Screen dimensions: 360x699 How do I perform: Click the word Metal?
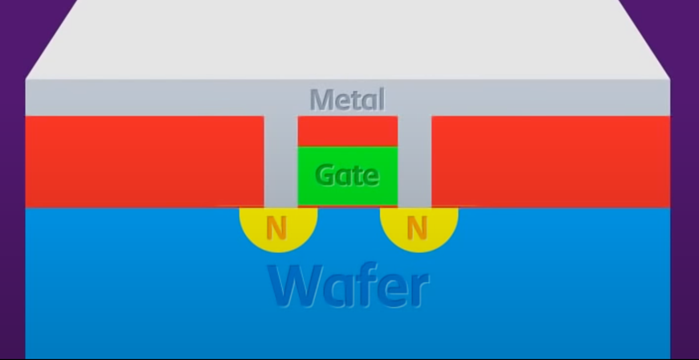pos(347,100)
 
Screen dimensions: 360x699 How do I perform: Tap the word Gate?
pos(347,174)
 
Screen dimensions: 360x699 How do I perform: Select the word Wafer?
pos(348,286)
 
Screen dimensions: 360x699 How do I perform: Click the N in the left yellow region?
pos(276,229)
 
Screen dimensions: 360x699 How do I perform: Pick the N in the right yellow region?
pos(416,229)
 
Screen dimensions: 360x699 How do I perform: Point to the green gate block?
pos(347,189)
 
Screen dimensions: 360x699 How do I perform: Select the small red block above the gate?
pos(347,129)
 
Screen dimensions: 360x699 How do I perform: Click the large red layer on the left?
pos(145,161)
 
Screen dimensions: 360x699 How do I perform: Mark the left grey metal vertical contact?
pos(280,161)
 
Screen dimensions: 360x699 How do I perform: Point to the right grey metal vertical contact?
pos(415,161)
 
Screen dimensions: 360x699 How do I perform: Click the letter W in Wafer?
pos(294,286)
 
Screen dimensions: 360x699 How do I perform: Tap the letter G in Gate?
pos(325,174)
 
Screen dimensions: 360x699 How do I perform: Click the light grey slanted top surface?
pos(347,40)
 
